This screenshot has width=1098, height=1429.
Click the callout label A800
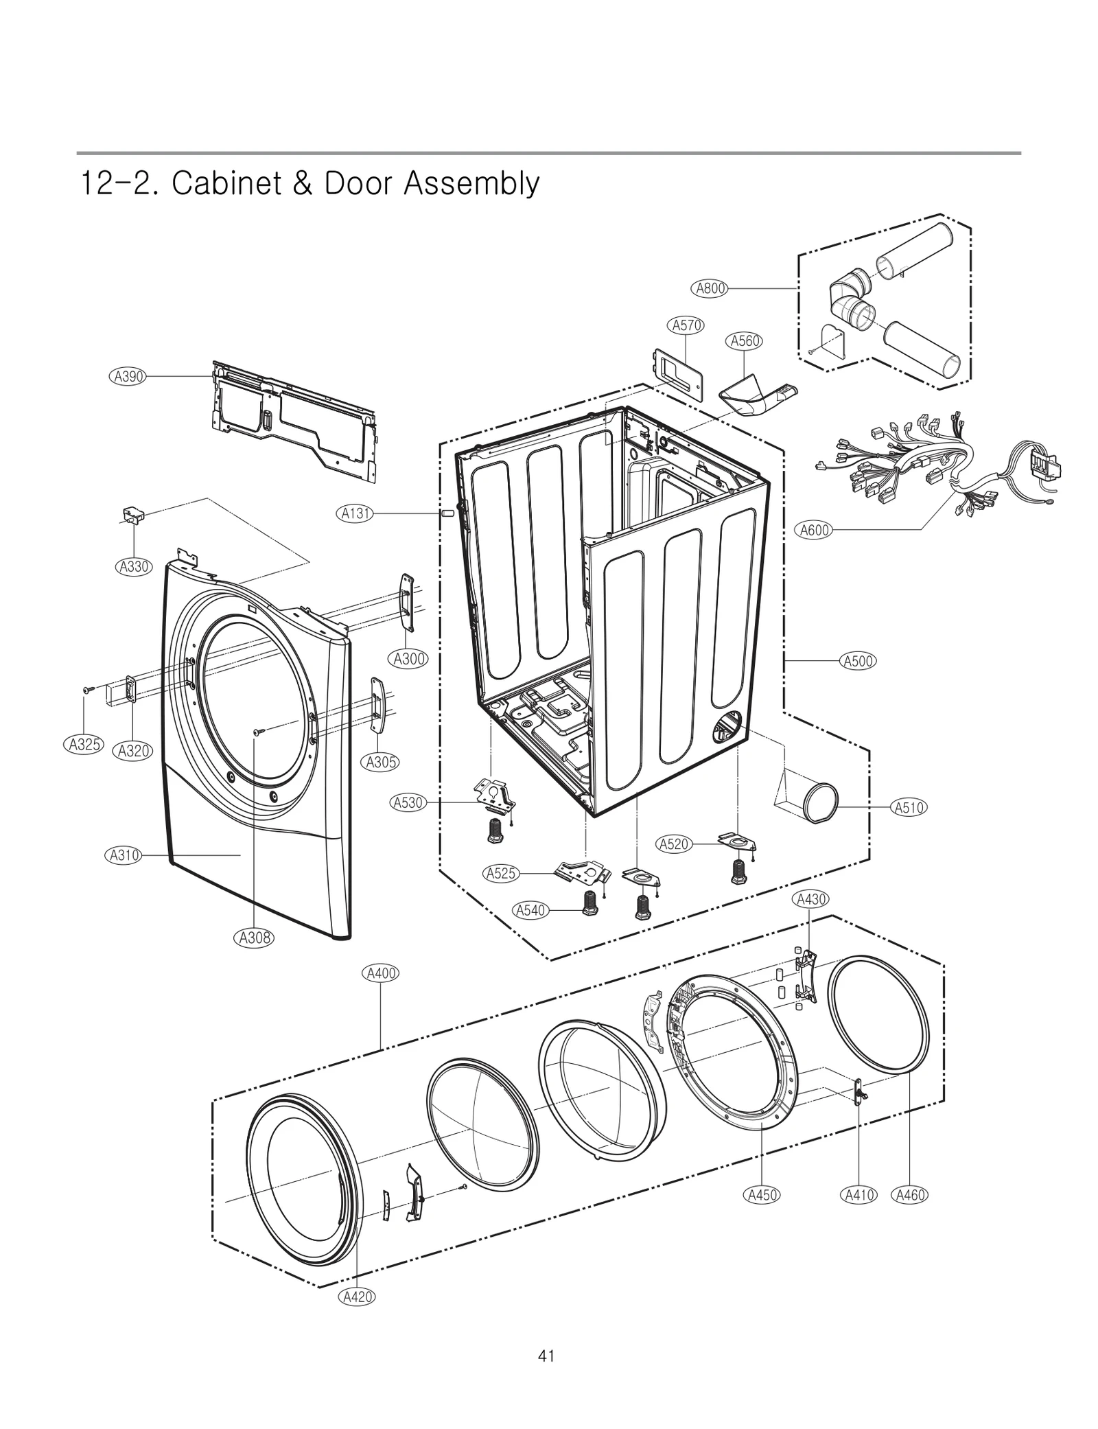tap(711, 288)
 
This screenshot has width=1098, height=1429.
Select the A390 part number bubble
tap(128, 376)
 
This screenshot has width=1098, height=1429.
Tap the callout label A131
tap(356, 513)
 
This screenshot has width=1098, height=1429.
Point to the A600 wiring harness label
tap(815, 530)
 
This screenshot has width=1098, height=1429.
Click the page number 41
tap(546, 1356)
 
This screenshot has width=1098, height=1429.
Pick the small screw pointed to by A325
tap(87, 688)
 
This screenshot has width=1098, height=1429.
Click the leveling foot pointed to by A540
tap(589, 901)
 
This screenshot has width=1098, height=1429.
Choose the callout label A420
tap(357, 1297)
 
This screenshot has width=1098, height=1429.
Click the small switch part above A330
tap(132, 515)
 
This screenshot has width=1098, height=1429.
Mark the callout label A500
tap(858, 661)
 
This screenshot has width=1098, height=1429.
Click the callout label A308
tap(255, 938)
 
